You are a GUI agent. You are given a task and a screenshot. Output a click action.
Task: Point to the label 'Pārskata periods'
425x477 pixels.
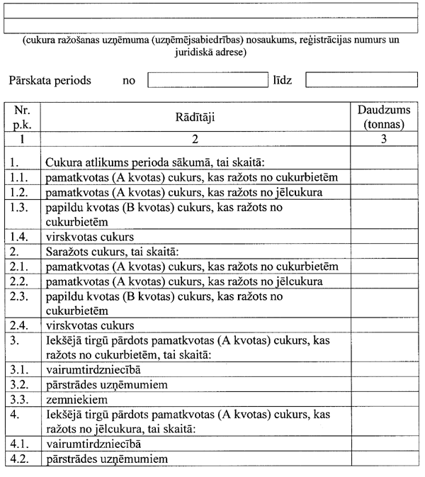(50, 80)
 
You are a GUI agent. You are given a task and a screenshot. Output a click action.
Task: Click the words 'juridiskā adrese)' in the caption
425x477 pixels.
(212, 52)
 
